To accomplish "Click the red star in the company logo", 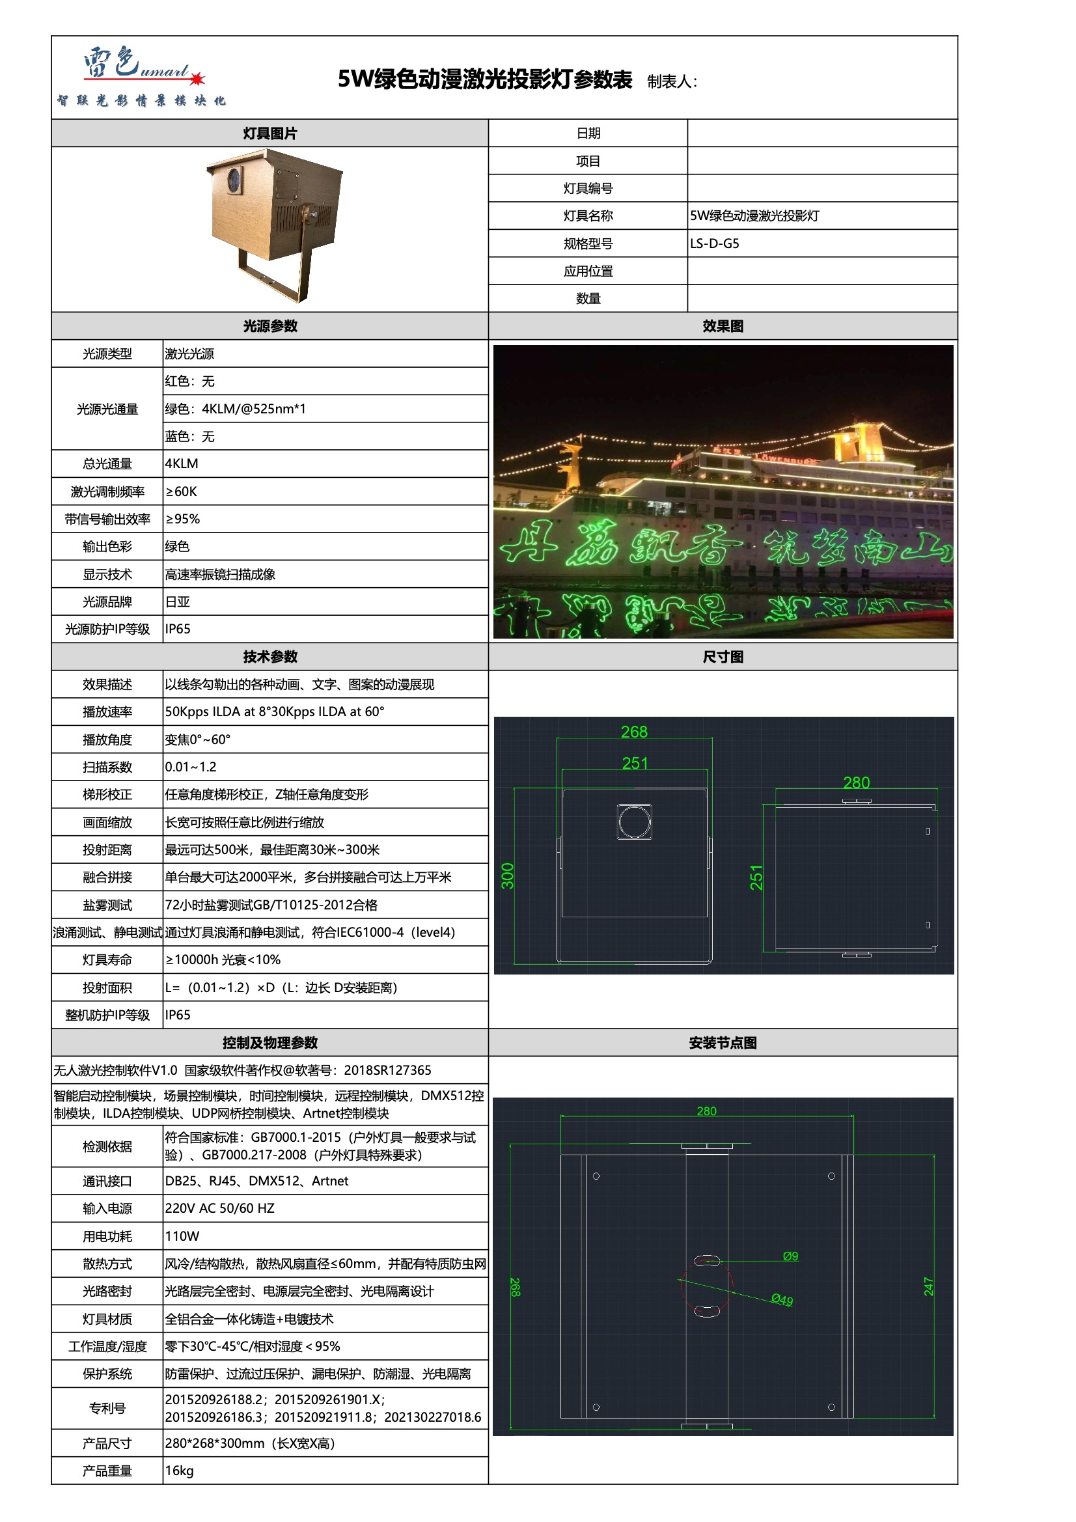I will click(197, 79).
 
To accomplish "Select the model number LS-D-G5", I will click(714, 243).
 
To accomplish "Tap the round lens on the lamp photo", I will click(234, 179).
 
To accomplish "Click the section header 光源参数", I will click(270, 326).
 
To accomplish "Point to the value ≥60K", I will click(181, 491).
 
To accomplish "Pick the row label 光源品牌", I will click(107, 602).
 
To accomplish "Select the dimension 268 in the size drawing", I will click(634, 732).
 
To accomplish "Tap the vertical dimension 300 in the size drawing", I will click(508, 876).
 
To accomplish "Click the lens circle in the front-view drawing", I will click(635, 822).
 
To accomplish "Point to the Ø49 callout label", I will click(782, 1300).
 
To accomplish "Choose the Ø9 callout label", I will click(790, 1256).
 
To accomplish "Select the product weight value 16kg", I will click(179, 1471).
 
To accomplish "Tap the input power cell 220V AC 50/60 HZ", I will click(219, 1208).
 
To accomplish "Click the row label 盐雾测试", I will click(107, 905).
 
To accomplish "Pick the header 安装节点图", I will click(723, 1043).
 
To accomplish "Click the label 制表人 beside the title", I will click(672, 81).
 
